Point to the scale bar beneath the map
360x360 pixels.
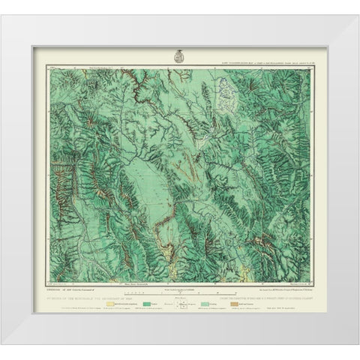(x=180, y=282)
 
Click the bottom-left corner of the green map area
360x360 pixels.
(x=47, y=274)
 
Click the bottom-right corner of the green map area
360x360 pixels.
(x=313, y=274)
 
